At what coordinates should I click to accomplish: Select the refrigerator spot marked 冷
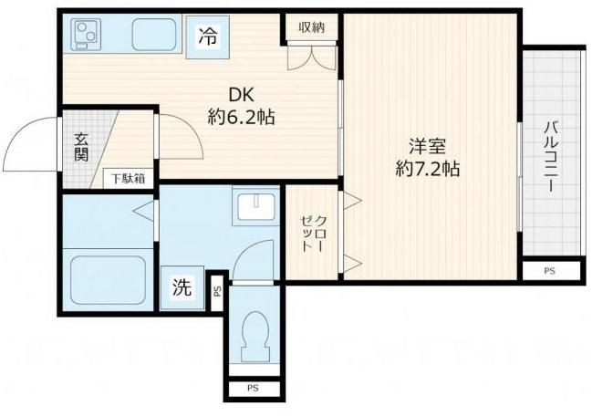(x=208, y=38)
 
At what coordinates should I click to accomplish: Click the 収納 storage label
(x=312, y=27)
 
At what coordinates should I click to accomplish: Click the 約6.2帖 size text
(x=239, y=117)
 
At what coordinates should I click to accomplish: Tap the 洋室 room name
(x=426, y=145)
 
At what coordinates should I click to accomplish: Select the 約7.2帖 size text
(x=426, y=169)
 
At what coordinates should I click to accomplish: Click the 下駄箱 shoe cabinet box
(x=128, y=178)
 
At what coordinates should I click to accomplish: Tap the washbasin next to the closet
(x=255, y=208)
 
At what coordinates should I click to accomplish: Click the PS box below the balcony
(x=550, y=271)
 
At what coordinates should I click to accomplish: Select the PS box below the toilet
(x=253, y=390)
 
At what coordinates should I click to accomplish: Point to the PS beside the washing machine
(x=217, y=292)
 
